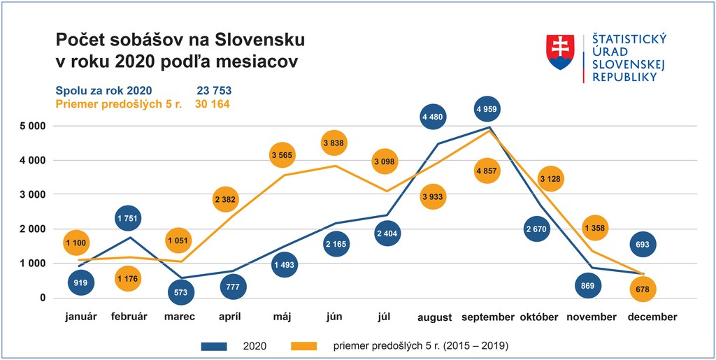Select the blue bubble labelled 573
click(181, 292)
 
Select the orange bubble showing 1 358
click(595, 228)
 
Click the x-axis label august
click(434, 317)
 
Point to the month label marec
click(180, 317)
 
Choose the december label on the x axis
click(652, 317)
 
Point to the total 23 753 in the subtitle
click(214, 91)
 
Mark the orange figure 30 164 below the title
click(212, 104)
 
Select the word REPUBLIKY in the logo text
click(624, 77)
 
